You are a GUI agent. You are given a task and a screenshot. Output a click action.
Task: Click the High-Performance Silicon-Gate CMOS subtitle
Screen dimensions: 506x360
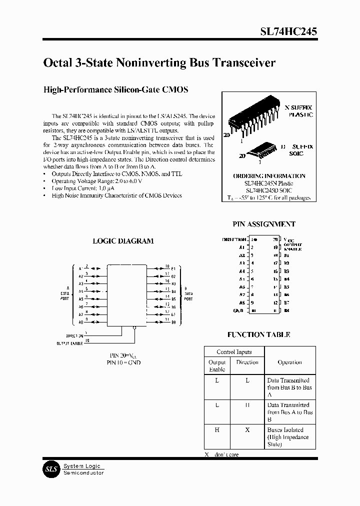(116, 90)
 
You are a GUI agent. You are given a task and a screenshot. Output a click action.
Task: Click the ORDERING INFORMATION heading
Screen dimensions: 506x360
(269, 176)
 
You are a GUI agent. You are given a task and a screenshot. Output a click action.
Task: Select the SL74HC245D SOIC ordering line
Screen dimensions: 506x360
(268, 190)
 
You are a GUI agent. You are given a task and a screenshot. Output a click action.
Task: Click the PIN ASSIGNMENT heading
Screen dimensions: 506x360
(263, 224)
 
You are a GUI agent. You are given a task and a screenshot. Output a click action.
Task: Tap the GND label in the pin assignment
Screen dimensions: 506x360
(238, 310)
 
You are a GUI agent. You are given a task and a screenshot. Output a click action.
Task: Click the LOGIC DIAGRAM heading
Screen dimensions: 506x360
(123, 240)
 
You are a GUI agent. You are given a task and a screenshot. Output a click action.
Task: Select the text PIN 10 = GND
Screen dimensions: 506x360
(123, 362)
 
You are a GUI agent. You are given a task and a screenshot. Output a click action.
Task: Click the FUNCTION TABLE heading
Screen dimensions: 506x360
(258, 334)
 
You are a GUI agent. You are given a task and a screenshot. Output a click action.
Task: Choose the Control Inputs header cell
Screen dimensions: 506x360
(234, 352)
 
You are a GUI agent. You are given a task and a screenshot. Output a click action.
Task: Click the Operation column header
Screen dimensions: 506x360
(289, 362)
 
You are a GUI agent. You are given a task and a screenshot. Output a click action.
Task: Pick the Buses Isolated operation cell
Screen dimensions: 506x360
(289, 437)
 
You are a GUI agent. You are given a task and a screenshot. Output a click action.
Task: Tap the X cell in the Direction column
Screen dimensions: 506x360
(247, 430)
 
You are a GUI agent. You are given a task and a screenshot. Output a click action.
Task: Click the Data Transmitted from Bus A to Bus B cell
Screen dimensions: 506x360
(289, 412)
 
